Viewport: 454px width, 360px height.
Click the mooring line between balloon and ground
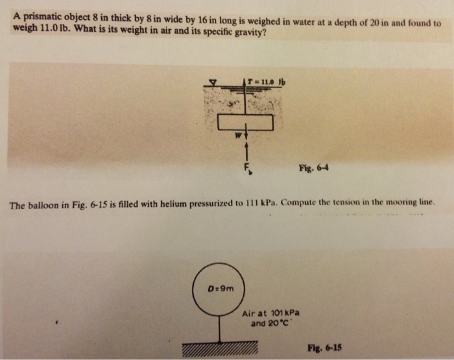[220, 328]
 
